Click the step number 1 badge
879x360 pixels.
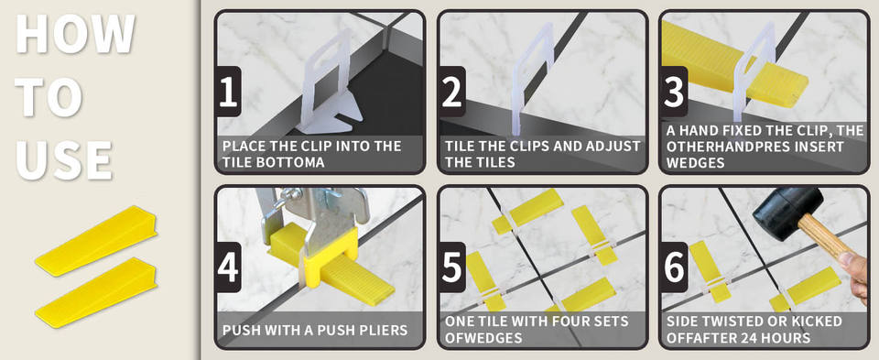[228, 92]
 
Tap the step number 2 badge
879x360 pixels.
[451, 92]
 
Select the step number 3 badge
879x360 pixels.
[673, 92]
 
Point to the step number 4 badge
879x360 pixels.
[228, 267]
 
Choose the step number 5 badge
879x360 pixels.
[451, 267]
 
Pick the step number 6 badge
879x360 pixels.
[673, 267]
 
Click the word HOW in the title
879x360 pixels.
[75, 33]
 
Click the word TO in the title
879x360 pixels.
[49, 96]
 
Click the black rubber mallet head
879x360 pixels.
[787, 206]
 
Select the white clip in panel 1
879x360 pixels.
[330, 84]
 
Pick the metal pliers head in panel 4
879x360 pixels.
[314, 211]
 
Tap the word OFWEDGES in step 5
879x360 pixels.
[483, 338]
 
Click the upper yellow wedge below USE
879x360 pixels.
[96, 241]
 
